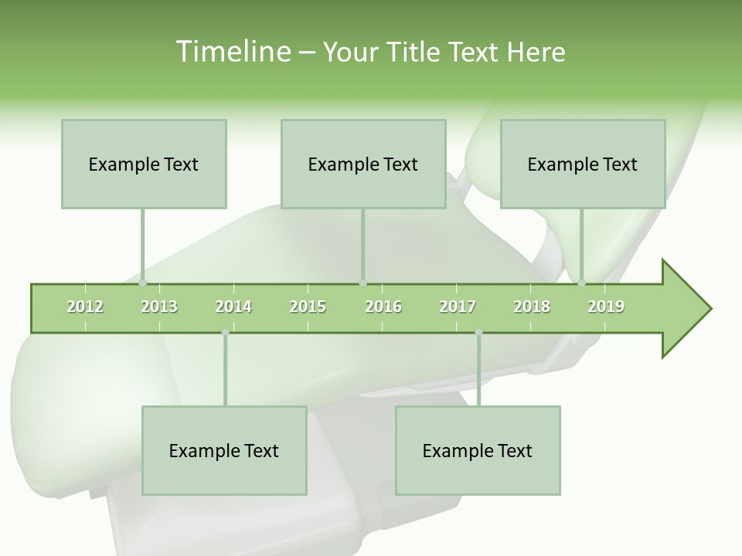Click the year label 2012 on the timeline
pos(85,307)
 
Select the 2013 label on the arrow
pos(159,307)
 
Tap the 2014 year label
pos(233,307)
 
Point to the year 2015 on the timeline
pos(308,307)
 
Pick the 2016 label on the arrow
pos(383,307)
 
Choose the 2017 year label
pos(458,307)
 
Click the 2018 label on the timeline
pos(532,307)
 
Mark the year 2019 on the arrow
pos(606,307)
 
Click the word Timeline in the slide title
pos(232,52)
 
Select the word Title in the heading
pos(415,52)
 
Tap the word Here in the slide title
pos(536,52)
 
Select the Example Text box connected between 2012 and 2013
pos(144,164)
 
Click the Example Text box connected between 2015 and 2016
pos(363,164)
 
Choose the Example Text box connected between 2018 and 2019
pos(583,164)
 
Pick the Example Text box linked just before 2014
pos(224,450)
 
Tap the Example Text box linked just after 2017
pos(478,450)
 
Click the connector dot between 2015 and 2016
pos(363,283)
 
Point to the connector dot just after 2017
pos(478,332)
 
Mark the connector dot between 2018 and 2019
pos(582,283)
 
